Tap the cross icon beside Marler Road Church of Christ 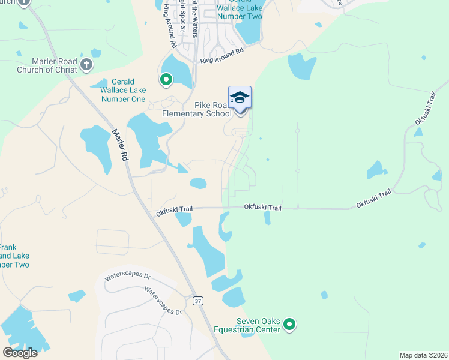[x=86, y=64]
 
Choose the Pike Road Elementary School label [x=196, y=109]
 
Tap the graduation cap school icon [x=240, y=97]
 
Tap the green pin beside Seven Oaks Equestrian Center [x=289, y=325]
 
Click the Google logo [x=20, y=353]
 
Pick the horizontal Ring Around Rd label [x=222, y=56]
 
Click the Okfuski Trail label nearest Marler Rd [x=174, y=211]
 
